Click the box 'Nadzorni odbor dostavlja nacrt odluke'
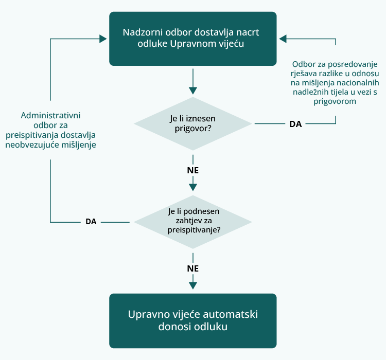[x=192, y=39]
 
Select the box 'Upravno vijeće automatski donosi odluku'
[x=192, y=320]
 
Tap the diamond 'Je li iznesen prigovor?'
[x=192, y=123]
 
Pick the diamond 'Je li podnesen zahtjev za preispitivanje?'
[x=192, y=221]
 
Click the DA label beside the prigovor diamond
[x=295, y=124]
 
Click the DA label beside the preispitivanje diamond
[x=91, y=222]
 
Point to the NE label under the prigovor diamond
[x=193, y=170]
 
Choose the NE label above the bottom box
[x=193, y=268]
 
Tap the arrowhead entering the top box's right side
[x=283, y=39]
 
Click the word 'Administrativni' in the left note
[x=50, y=115]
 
